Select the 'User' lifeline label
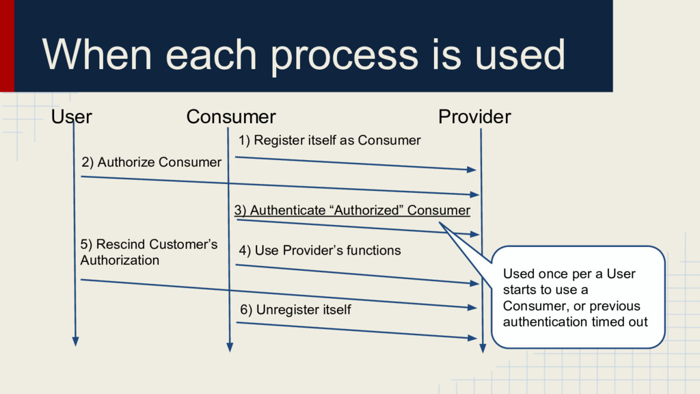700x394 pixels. (x=72, y=117)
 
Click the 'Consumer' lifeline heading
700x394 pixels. (x=231, y=117)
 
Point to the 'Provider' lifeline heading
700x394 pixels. (x=474, y=117)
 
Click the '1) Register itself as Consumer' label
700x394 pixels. (x=329, y=140)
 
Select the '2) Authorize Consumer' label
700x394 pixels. (x=152, y=162)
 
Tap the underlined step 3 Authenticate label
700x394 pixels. (x=352, y=210)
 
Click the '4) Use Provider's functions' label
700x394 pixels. (x=320, y=250)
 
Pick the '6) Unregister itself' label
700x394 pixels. (x=295, y=310)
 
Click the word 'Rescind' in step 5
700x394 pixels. (x=121, y=245)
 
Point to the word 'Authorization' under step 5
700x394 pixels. (x=120, y=261)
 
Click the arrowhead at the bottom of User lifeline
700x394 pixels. (x=75, y=341)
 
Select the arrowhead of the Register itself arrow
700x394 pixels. (x=471, y=169)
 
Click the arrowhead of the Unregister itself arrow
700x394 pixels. (x=472, y=338)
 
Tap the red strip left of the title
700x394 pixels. (x=7, y=45)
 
